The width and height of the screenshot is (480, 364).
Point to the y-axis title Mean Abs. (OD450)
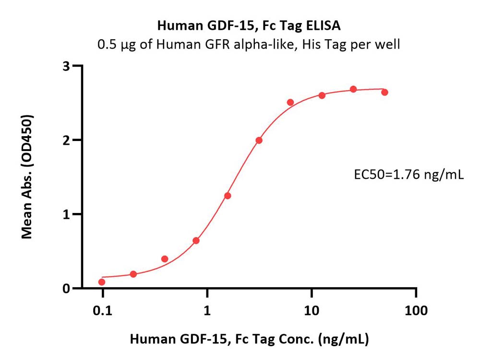(x=27, y=177)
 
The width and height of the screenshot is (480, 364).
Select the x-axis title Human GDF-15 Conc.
(x=249, y=340)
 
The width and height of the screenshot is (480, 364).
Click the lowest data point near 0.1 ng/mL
(x=102, y=282)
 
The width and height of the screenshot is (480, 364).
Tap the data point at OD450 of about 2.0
(x=259, y=141)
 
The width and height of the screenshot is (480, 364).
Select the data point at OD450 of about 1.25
(x=228, y=196)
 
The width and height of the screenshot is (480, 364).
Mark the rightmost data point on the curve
(x=384, y=92)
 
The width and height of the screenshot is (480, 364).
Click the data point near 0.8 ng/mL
(x=196, y=241)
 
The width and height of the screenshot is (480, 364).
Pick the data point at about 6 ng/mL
(x=290, y=102)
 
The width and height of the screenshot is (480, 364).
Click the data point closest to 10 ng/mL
(x=322, y=95)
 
